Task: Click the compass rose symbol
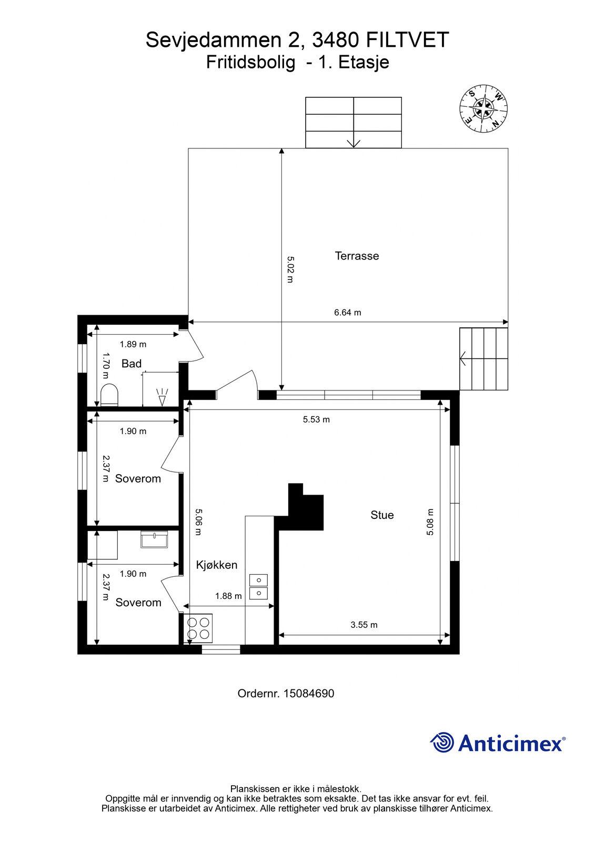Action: [x=483, y=108]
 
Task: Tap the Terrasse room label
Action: [x=357, y=256]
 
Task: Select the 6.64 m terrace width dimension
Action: [x=348, y=313]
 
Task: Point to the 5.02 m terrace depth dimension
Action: [x=290, y=269]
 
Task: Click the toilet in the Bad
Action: [x=109, y=394]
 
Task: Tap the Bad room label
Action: [x=132, y=364]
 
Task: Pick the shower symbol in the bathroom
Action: [x=162, y=397]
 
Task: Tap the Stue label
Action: [x=382, y=515]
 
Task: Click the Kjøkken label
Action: [x=217, y=565]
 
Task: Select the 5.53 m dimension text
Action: [x=316, y=419]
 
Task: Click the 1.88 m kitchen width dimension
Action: [x=228, y=596]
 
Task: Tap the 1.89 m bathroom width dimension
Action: [x=133, y=344]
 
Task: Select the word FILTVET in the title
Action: [x=407, y=40]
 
